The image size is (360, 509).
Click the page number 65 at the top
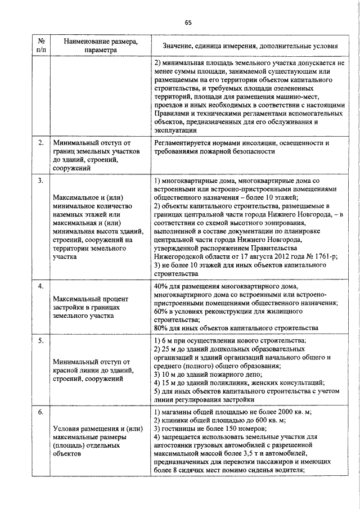pos(188,22)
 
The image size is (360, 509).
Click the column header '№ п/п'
pos(41,45)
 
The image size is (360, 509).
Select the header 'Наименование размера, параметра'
pos(100,45)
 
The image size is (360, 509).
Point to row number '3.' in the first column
pos(41,181)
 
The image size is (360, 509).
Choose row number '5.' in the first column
pos(41,341)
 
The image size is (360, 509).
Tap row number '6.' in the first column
pos(41,412)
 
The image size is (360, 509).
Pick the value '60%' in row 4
pos(161,312)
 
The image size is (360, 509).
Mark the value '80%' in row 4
pos(161,328)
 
